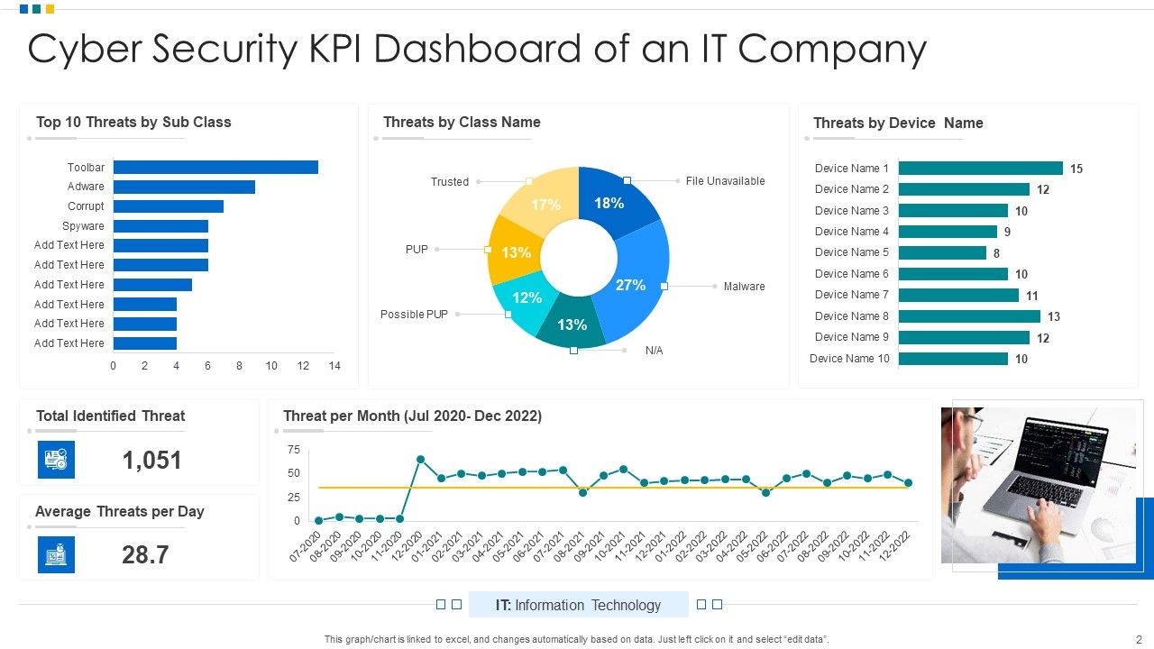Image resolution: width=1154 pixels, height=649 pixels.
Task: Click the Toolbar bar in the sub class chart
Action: point(215,168)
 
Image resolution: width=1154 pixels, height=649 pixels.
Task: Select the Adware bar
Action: point(184,187)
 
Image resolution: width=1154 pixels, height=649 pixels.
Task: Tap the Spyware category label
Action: point(83,226)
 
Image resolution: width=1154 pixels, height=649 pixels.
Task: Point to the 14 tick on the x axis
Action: point(334,366)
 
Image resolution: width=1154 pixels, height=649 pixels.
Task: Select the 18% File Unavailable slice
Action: point(613,203)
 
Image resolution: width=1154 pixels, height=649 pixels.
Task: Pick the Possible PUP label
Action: point(414,315)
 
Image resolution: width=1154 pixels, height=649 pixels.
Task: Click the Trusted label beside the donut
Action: point(449,182)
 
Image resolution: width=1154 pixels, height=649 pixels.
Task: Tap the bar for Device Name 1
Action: point(980,169)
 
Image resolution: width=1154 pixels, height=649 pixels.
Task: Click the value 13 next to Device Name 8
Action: point(1053,316)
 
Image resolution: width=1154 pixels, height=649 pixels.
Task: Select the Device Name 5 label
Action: point(851,252)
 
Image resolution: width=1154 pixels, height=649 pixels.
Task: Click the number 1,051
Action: point(151,461)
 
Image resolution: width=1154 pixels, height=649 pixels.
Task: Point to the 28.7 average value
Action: point(145,555)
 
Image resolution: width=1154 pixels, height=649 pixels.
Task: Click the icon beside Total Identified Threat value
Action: point(56,460)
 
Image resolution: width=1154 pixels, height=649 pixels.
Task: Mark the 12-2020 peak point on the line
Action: point(420,460)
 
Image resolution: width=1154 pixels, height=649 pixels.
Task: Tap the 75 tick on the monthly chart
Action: point(293,450)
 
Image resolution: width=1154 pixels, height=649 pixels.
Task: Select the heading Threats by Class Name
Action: point(462,123)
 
